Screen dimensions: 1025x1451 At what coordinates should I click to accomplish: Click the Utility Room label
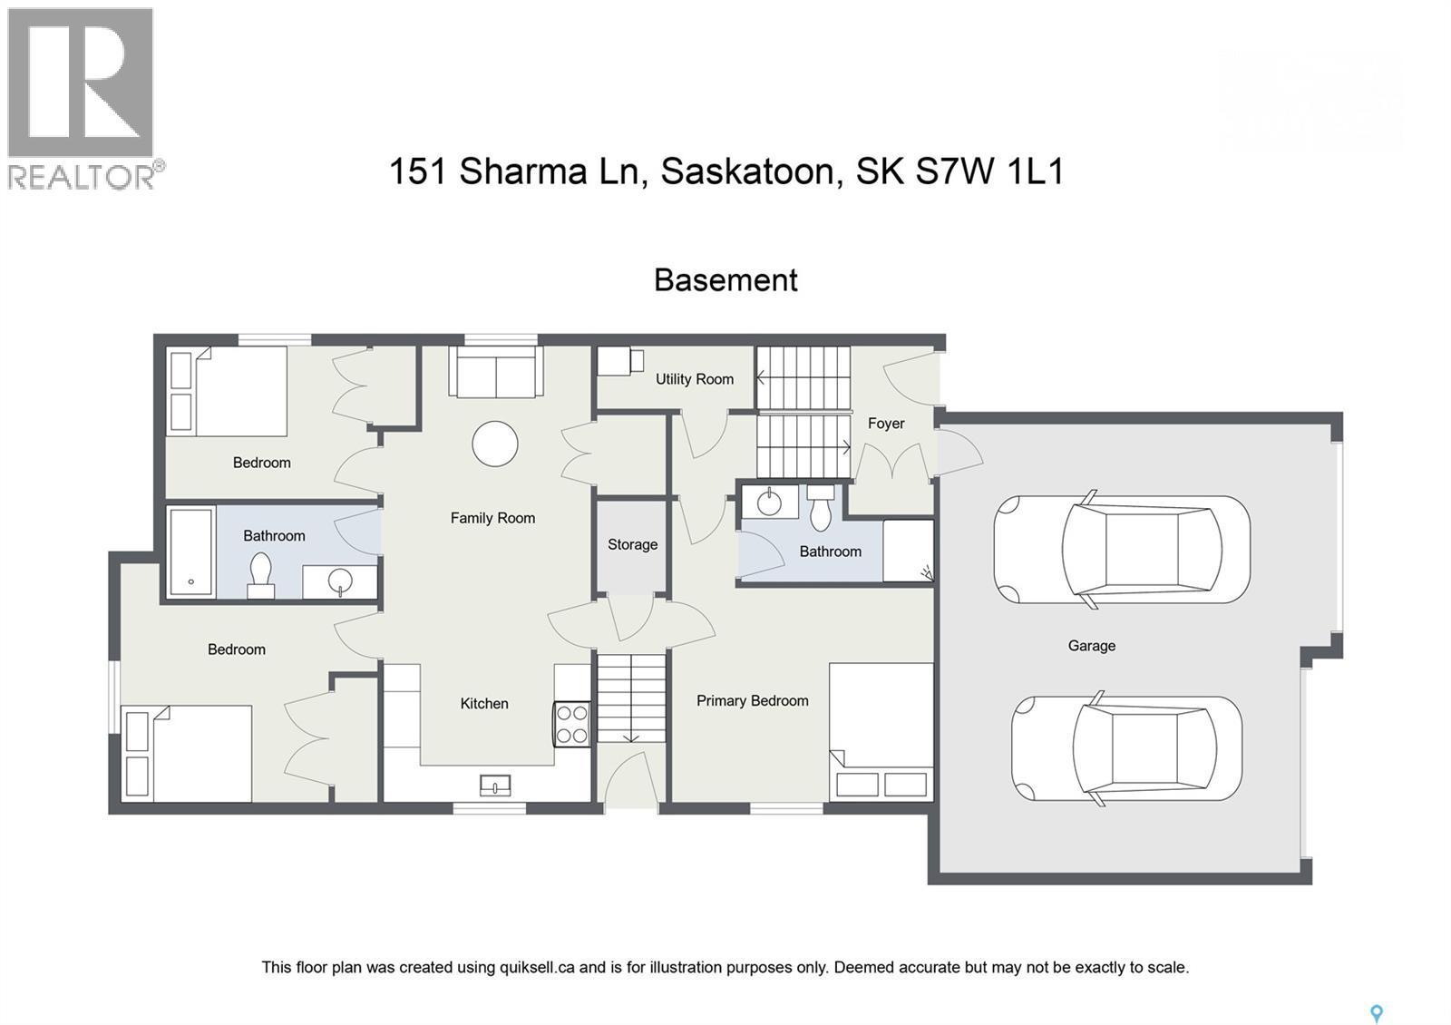coord(695,379)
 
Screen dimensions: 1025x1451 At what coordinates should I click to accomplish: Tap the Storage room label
coord(632,544)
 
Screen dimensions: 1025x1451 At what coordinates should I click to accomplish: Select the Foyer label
coord(886,424)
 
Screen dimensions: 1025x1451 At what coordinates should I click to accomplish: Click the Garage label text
coord(1091,646)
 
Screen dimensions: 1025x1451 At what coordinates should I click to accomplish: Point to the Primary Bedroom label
coord(752,700)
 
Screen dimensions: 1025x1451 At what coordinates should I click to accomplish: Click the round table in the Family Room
coord(495,444)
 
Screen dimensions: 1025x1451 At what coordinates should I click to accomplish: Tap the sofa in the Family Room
coord(495,374)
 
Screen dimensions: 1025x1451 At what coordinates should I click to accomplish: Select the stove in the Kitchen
coord(572,724)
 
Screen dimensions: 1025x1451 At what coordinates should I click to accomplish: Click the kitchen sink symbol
coord(496,784)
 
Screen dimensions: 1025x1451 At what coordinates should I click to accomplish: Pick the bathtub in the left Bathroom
coord(191,552)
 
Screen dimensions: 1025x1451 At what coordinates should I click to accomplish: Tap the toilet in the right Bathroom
coord(821,508)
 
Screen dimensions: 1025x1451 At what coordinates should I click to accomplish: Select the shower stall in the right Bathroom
coord(908,550)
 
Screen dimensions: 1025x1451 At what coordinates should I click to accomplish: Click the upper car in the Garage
coord(1122,550)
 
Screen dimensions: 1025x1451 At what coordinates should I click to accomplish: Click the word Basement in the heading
coord(725,280)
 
